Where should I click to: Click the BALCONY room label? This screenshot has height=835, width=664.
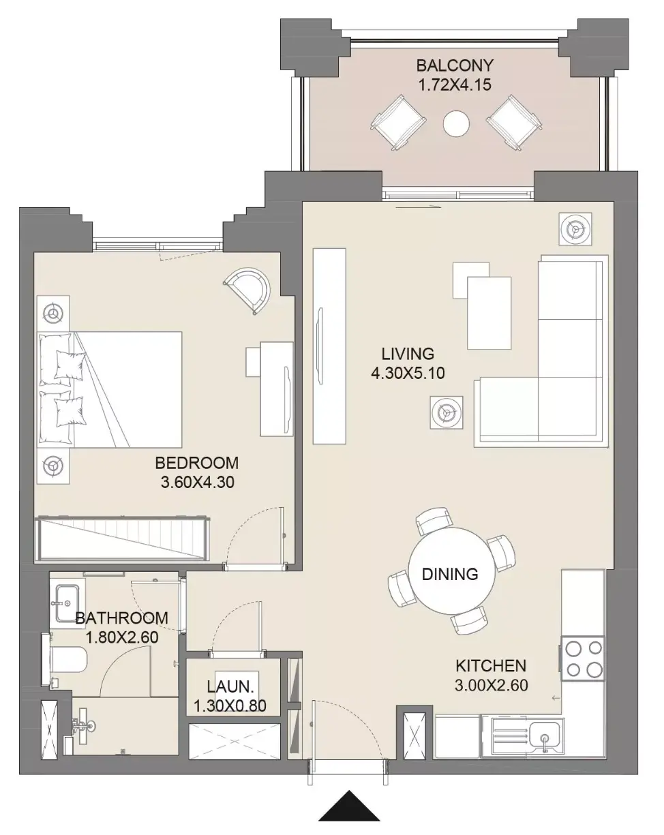(455, 65)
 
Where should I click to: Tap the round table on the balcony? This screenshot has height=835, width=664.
(456, 123)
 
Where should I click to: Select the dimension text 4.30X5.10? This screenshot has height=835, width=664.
(408, 374)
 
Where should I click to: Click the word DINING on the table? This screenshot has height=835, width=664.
(450, 574)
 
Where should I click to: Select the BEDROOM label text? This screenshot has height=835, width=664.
(197, 463)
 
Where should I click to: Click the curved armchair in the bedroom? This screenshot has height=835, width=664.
(247, 290)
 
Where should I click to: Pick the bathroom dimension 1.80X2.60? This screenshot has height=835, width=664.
(122, 637)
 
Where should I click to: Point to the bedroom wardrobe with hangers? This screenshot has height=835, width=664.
(122, 539)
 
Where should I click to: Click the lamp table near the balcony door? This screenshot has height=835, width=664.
(575, 229)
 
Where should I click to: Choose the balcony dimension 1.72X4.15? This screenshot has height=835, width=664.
(455, 85)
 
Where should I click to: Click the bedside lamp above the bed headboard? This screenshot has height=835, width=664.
(53, 313)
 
